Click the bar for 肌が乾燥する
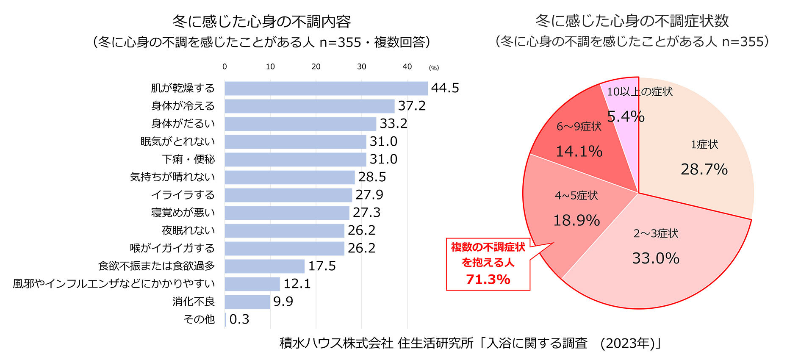pos(326,89)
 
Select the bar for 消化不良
pos(247,302)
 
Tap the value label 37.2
pos(412,106)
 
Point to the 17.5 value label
pos(322,266)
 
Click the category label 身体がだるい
pos(183,124)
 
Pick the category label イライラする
pos(183,195)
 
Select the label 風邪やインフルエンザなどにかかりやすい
pos(114,284)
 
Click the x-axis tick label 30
pos(361,66)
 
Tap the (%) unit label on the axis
pos(434,68)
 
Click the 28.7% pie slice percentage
pos(704,169)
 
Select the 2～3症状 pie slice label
pos(656,233)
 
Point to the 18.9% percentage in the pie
pos(576,220)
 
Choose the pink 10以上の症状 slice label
pos(640,92)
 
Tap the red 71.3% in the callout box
pos(488,280)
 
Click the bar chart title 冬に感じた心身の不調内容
pos(261,21)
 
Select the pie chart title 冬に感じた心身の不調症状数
pos(632,20)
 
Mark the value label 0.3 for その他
pos(239,319)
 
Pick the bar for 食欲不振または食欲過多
pos(265,266)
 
